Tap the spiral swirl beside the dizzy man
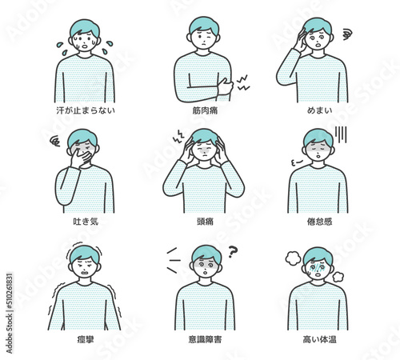(x=346, y=34)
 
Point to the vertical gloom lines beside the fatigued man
(x=340, y=134)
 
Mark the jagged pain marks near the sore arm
(x=242, y=82)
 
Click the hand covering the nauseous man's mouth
(x=78, y=157)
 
